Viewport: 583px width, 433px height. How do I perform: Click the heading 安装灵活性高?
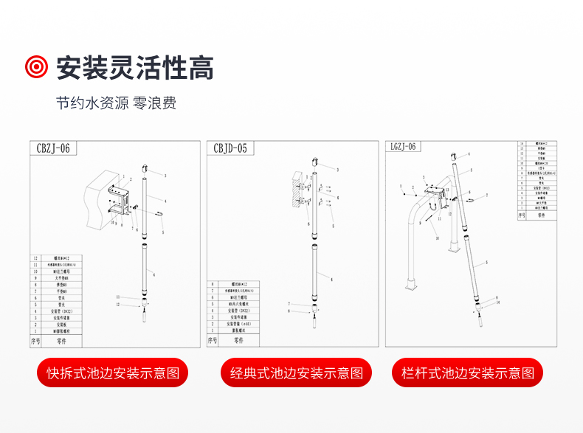click(134, 68)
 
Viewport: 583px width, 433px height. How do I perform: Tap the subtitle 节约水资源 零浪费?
click(116, 103)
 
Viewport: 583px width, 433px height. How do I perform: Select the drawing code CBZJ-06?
click(53, 148)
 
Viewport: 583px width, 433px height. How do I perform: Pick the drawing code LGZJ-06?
click(403, 146)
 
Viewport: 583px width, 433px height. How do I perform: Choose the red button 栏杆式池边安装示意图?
click(467, 373)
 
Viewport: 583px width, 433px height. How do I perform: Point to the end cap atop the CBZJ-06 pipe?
click(145, 168)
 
